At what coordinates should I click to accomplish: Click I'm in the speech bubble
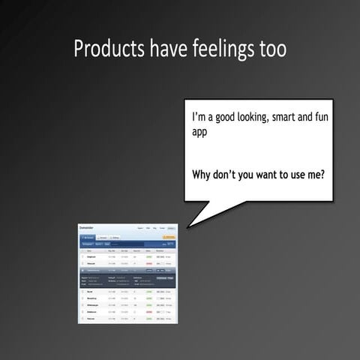(199, 118)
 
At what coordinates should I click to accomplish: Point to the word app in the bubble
(199, 133)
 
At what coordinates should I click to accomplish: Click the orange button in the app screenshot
(169, 236)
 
